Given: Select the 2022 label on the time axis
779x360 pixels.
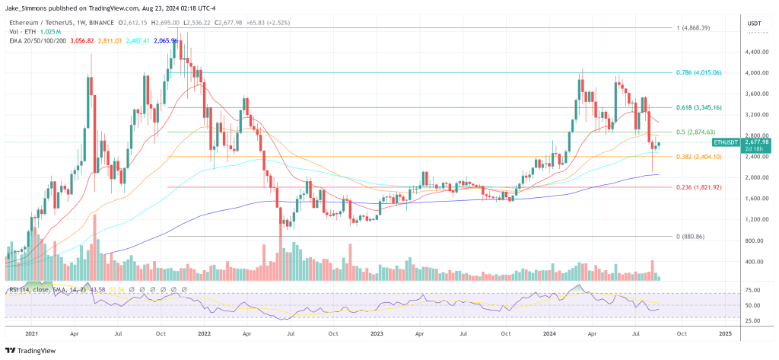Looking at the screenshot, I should [204, 333].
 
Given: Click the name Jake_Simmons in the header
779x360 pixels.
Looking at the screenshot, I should [27, 6].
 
